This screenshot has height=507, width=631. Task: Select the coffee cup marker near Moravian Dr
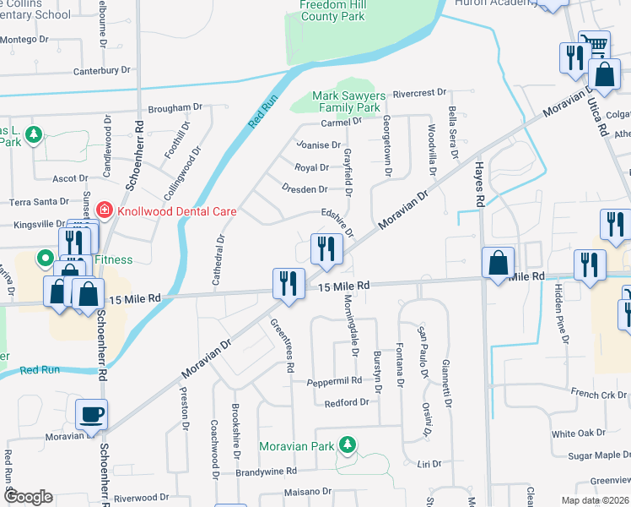click(x=91, y=416)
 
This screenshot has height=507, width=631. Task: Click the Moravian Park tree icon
click(x=346, y=444)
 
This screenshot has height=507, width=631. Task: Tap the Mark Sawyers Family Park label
click(x=347, y=101)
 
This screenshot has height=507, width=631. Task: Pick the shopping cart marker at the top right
click(x=595, y=43)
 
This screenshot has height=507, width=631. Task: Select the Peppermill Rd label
click(x=334, y=381)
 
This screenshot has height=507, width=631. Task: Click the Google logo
click(x=27, y=497)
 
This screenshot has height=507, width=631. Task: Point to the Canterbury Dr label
click(x=104, y=70)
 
